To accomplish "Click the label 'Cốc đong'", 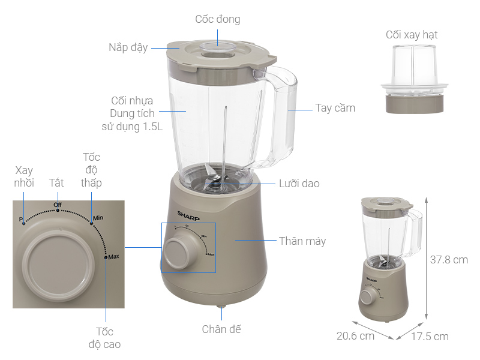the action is (x=218, y=19).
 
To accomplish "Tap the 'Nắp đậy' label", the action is (x=128, y=47).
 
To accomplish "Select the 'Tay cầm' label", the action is (x=335, y=108).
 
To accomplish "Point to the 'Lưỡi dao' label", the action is (x=299, y=184).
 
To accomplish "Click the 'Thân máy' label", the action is (x=302, y=241).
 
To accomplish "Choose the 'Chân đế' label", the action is (x=221, y=329).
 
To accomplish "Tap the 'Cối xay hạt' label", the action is (x=412, y=35).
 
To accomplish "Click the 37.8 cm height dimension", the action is (x=449, y=260).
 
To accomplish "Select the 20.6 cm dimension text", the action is (x=355, y=336).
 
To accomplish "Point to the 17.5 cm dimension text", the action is (x=430, y=337).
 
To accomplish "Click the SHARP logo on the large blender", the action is (x=188, y=216).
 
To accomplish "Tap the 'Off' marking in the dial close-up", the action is (x=58, y=205).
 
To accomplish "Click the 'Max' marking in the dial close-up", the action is (x=113, y=257).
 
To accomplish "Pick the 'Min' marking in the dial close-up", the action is (x=98, y=218).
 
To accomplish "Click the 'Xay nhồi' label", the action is (x=24, y=176).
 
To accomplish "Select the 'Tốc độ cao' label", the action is (x=104, y=338).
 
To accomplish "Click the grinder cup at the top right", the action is (x=414, y=79).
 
